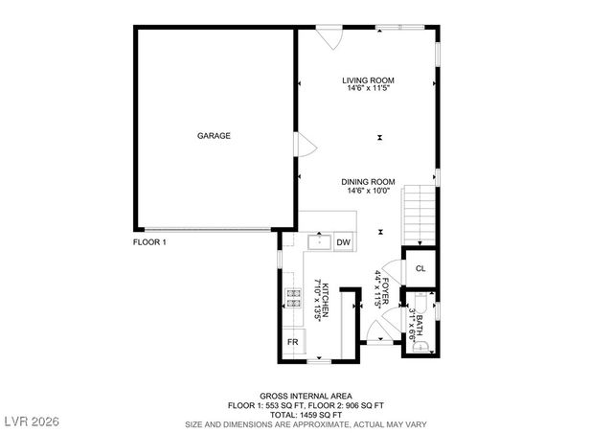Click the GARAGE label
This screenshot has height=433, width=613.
point(214,136)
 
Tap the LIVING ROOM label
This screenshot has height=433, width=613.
point(369,80)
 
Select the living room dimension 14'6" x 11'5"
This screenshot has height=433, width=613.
point(369,89)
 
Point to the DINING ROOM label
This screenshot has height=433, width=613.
point(369,182)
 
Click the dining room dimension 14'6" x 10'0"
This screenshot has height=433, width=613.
point(369,191)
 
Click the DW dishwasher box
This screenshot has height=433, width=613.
point(342,243)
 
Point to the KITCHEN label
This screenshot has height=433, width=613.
point(325,303)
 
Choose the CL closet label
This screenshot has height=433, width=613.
point(420,267)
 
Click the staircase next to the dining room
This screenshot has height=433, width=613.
point(419,216)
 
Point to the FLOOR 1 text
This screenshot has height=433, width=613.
point(149,243)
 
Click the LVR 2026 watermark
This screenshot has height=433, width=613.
point(32,422)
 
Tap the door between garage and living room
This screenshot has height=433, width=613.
point(306,146)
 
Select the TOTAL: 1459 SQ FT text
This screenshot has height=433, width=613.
point(306,414)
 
